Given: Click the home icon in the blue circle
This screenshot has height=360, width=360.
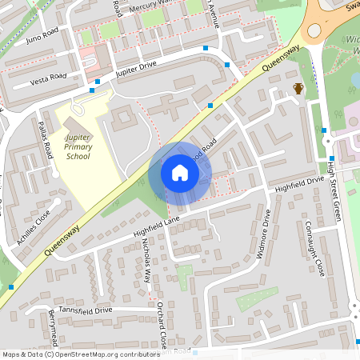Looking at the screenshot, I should pyautogui.click(x=180, y=173).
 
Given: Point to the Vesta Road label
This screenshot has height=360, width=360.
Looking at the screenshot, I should pyautogui.click(x=48, y=79).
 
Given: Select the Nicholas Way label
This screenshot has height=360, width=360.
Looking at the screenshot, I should pyautogui.click(x=146, y=262).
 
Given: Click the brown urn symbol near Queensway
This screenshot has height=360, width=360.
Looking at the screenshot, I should pyautogui.click(x=298, y=88).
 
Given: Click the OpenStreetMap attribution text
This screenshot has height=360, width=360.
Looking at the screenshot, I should pyautogui.click(x=80, y=354).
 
